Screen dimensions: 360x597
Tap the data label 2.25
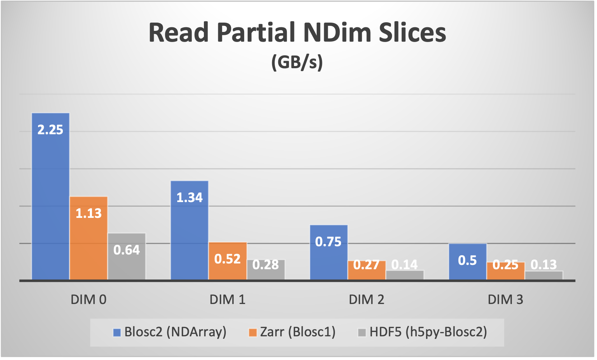click(x=50, y=130)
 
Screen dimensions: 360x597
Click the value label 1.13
click(x=89, y=214)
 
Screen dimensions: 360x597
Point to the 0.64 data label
click(x=127, y=250)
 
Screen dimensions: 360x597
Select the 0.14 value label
click(x=405, y=265)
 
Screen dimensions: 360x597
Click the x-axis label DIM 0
click(x=89, y=299)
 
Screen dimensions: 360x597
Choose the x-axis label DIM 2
click(x=367, y=299)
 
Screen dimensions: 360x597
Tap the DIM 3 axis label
click(x=505, y=299)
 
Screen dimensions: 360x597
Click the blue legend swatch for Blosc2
click(x=117, y=332)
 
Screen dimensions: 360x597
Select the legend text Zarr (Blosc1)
click(x=298, y=332)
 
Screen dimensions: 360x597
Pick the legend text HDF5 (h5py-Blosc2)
click(x=428, y=332)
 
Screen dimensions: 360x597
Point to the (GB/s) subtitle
click(x=297, y=62)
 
